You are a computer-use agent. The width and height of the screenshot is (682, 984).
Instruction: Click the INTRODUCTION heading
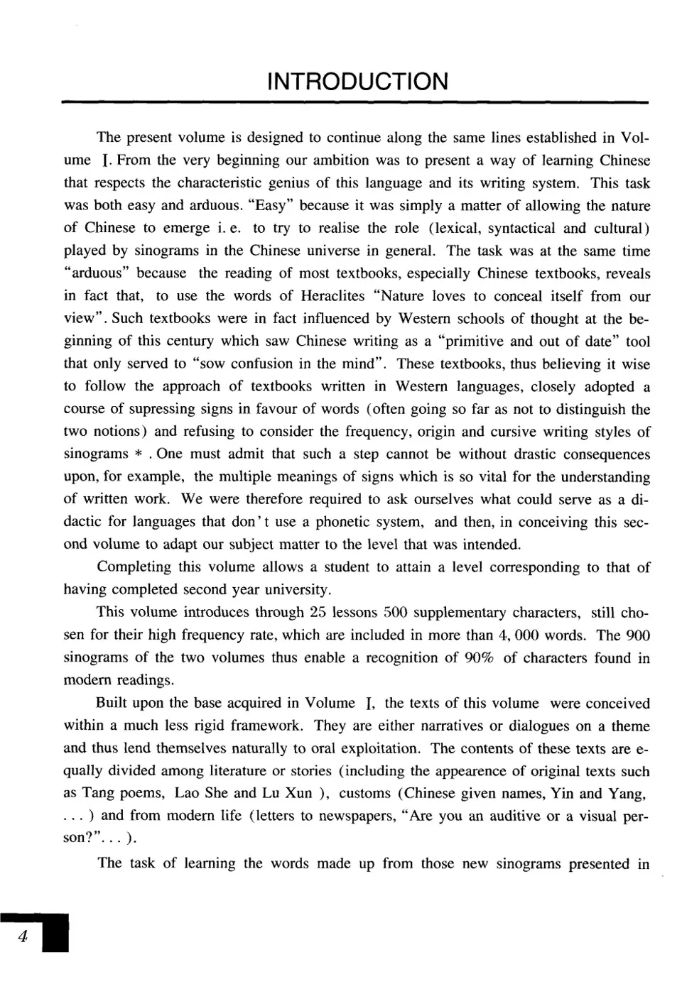pos(357,82)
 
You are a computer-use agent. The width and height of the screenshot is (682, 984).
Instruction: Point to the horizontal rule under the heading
pos(356,104)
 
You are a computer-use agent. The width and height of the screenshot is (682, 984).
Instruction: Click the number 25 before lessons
pos(315,612)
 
